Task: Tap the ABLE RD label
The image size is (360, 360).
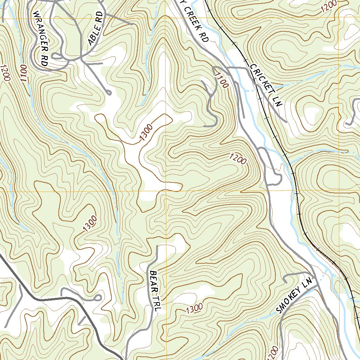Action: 96,29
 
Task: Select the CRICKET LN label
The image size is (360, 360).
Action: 266,85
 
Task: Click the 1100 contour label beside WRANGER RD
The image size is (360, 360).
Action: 24,73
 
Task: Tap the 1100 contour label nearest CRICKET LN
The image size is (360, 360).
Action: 221,79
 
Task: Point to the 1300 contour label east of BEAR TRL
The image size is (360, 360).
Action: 194,308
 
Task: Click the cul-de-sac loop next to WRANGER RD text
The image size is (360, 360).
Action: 56,56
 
